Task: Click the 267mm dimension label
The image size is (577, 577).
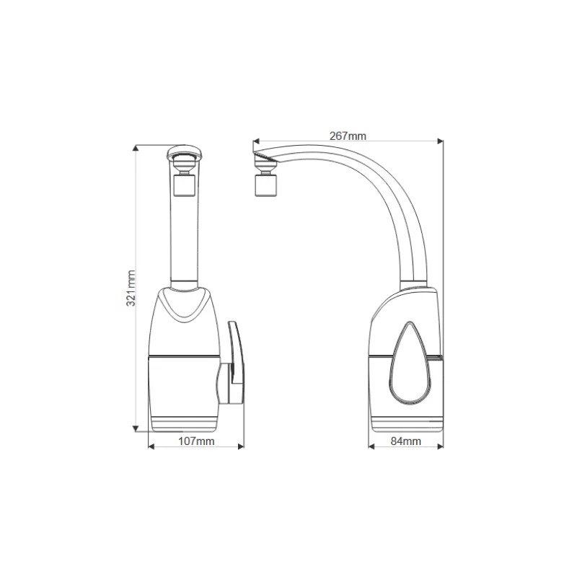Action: point(348,136)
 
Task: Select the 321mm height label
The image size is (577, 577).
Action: point(131,288)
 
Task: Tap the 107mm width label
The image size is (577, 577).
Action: point(196,441)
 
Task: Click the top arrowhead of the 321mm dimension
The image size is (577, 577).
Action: point(136,148)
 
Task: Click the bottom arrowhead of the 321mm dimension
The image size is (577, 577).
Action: point(136,428)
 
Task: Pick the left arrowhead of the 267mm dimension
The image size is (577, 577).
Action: point(257,141)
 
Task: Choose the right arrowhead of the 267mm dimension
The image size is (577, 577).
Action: point(440,141)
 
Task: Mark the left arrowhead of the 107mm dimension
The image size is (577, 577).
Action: point(151,446)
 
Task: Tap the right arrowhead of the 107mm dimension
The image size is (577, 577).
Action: point(241,446)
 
